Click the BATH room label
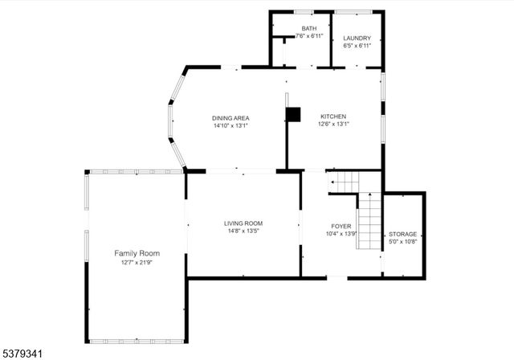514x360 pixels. pyautogui.click(x=309, y=28)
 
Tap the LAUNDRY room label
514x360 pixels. pyautogui.click(x=357, y=39)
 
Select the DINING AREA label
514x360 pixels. pyautogui.click(x=230, y=118)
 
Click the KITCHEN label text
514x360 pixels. pyautogui.click(x=333, y=116)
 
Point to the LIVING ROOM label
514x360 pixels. pyautogui.click(x=243, y=223)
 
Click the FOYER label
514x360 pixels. pyautogui.click(x=341, y=227)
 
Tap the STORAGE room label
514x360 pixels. pyautogui.click(x=403, y=234)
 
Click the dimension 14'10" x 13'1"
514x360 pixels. pyautogui.click(x=230, y=125)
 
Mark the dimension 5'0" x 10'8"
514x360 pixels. pyautogui.click(x=403, y=241)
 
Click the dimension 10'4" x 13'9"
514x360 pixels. pyautogui.click(x=341, y=234)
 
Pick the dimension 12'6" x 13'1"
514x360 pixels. pyautogui.click(x=333, y=124)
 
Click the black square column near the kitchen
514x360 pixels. pyautogui.click(x=294, y=114)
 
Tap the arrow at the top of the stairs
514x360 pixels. pyautogui.click(x=332, y=182)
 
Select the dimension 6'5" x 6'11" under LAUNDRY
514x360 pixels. pyautogui.click(x=357, y=46)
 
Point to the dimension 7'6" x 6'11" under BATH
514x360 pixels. pyautogui.click(x=309, y=36)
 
